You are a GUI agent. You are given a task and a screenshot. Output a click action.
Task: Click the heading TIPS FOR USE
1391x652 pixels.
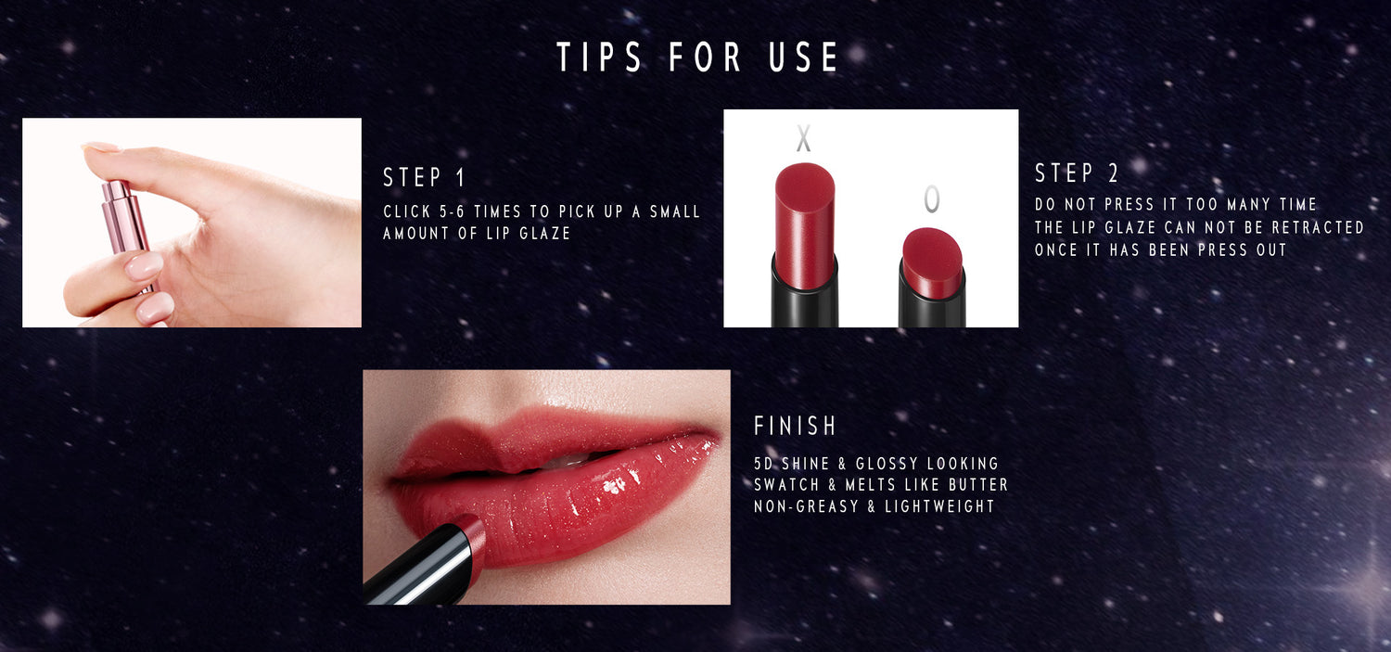click(697, 58)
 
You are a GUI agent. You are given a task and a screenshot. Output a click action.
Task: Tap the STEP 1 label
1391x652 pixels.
click(424, 177)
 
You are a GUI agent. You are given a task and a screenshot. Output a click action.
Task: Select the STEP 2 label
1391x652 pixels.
click(1076, 173)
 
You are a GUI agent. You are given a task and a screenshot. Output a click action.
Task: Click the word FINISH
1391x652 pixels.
click(795, 426)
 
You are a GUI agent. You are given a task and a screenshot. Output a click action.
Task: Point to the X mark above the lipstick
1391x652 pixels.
click(804, 138)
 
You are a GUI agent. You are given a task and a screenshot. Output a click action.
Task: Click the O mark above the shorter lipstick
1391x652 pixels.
click(931, 198)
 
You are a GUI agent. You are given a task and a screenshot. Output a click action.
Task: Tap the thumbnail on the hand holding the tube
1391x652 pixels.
click(101, 147)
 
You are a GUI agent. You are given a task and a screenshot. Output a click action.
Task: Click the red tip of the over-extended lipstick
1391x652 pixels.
click(804, 224)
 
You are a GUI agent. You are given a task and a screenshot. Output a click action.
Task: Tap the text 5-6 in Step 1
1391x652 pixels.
click(453, 211)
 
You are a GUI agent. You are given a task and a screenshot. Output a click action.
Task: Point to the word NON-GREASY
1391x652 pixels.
click(806, 506)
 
